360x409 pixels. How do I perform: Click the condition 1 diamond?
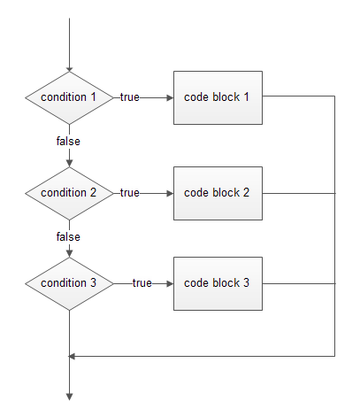(x=69, y=97)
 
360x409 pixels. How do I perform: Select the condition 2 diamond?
(x=69, y=193)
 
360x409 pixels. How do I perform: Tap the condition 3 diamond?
(x=69, y=283)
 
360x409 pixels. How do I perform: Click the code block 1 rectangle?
(x=218, y=97)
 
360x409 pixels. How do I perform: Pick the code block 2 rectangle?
(x=218, y=193)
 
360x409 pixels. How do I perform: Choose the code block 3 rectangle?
(x=218, y=283)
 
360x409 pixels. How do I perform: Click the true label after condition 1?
(x=130, y=97)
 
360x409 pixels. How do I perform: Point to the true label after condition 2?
(x=130, y=193)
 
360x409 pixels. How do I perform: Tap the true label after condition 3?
(x=142, y=283)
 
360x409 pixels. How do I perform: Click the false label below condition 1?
(x=68, y=141)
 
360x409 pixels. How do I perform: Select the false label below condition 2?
(x=68, y=236)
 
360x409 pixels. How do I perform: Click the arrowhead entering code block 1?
(x=170, y=97)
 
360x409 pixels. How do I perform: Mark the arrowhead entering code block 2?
(x=170, y=194)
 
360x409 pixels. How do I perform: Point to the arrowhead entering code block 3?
(x=170, y=284)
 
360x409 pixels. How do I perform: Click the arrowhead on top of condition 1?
(x=69, y=70)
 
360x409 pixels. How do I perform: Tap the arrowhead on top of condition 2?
(x=69, y=163)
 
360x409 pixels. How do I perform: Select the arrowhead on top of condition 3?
(x=69, y=253)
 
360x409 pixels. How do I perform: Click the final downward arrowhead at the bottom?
(x=69, y=397)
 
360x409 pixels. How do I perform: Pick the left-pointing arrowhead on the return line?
(x=72, y=357)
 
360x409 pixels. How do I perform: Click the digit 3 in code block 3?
(x=246, y=282)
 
